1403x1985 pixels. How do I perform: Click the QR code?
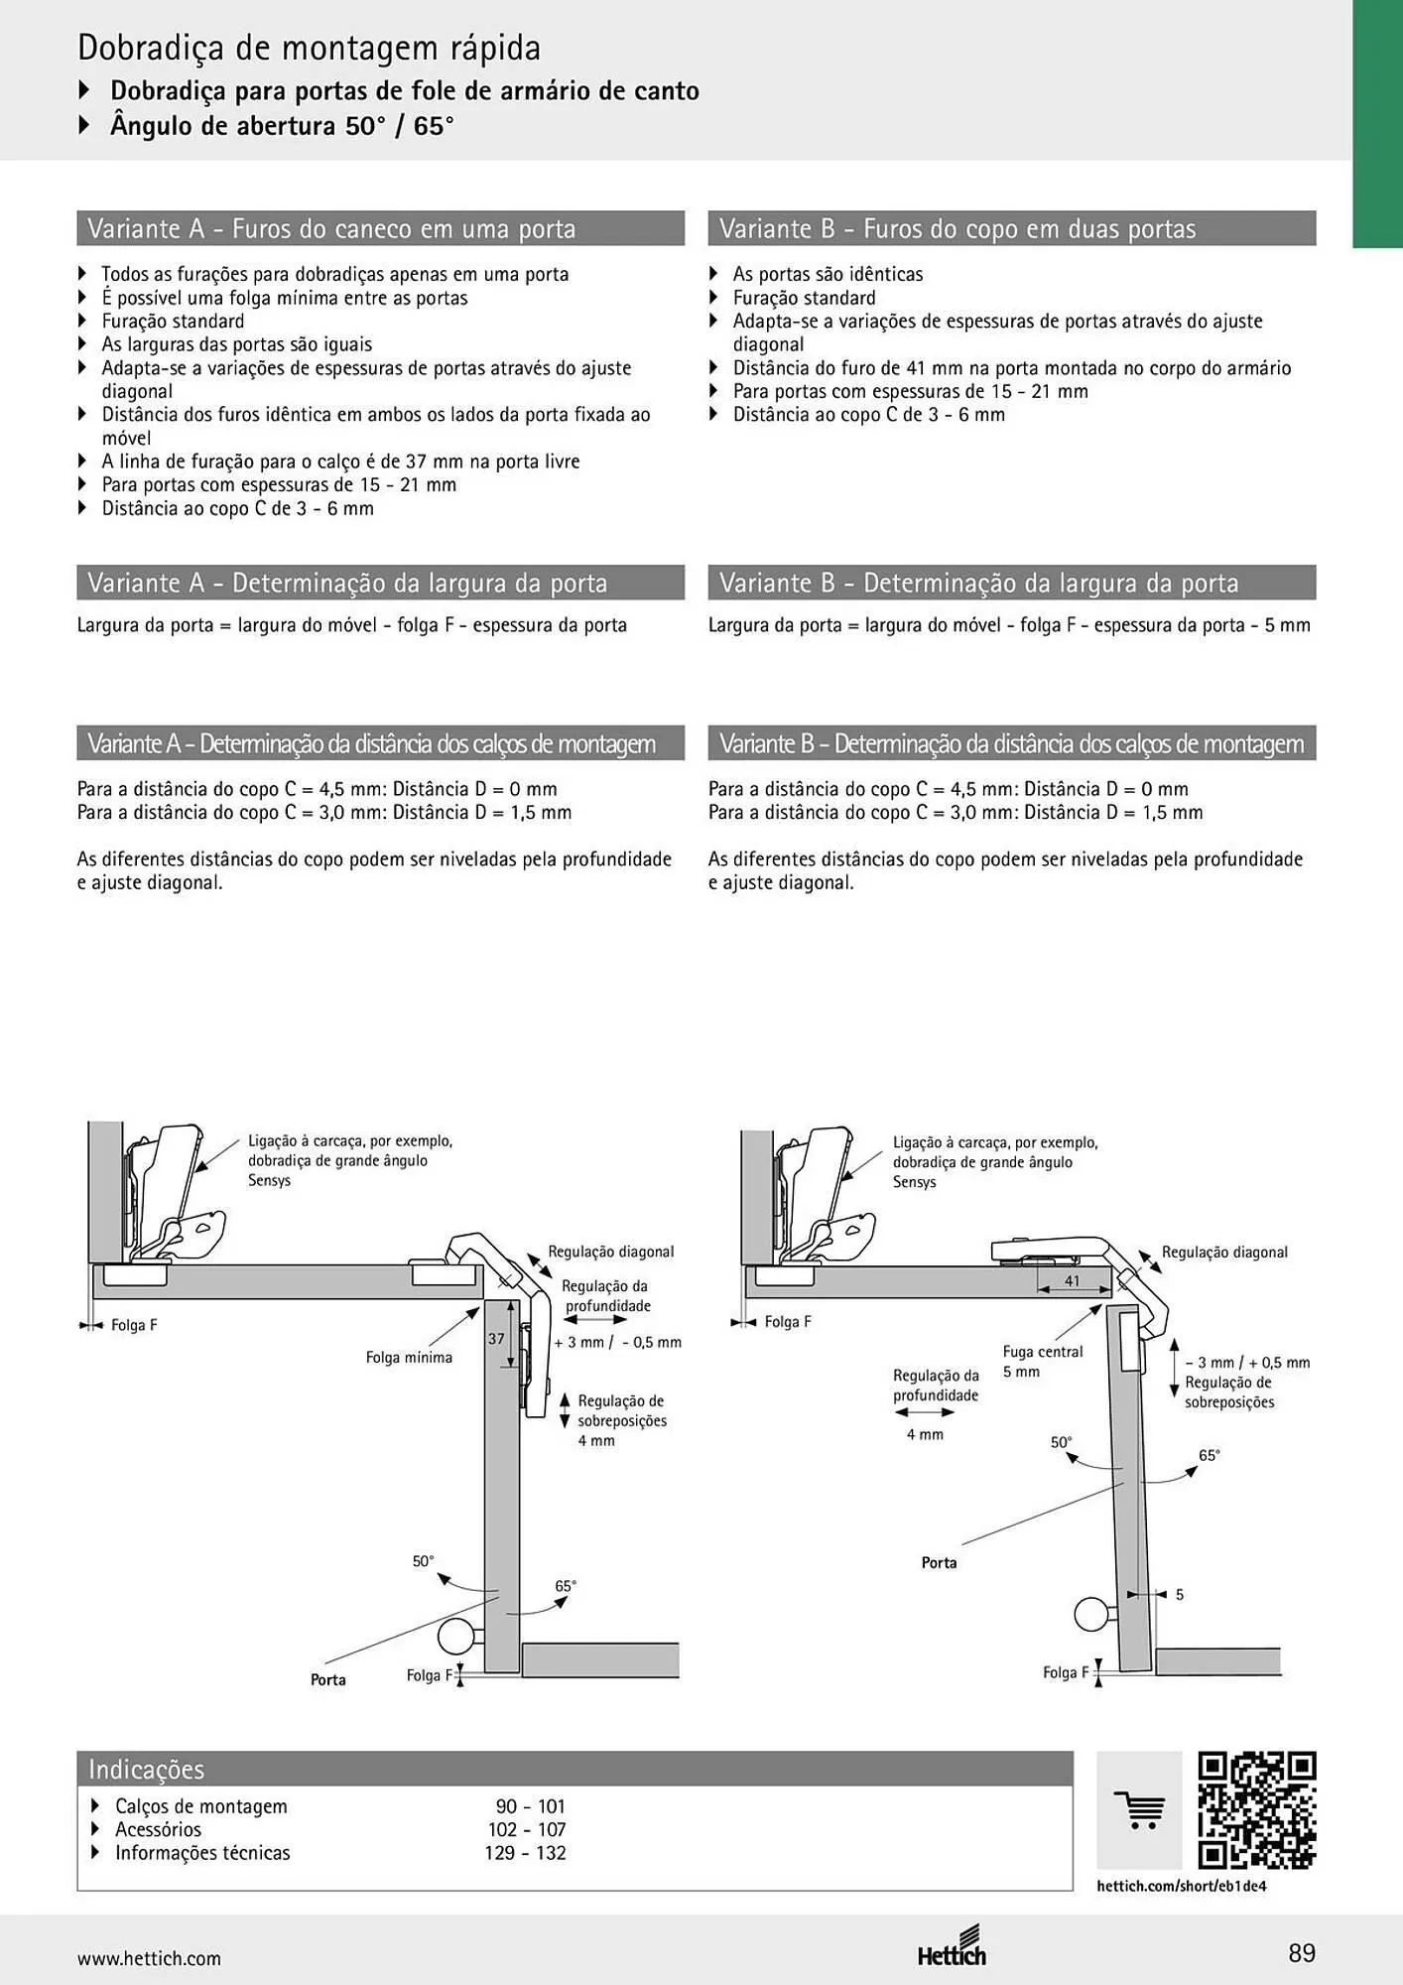point(1256,1810)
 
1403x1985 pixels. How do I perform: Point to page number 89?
point(1302,1953)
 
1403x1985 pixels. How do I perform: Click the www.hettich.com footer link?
point(149,1958)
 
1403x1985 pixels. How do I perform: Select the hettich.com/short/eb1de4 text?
point(1182,1886)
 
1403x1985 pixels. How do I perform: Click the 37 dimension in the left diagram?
point(496,1338)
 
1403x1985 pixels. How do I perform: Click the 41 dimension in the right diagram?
point(1073,1280)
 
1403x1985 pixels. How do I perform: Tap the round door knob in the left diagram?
point(458,1636)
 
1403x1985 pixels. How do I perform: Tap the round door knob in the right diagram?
point(1093,1614)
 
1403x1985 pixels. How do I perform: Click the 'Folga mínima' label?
point(409,1357)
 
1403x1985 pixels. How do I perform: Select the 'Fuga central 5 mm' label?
point(1043,1362)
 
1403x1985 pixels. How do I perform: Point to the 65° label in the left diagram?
point(566,1586)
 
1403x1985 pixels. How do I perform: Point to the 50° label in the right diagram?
point(1062,1442)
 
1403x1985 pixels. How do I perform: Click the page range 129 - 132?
point(526,1852)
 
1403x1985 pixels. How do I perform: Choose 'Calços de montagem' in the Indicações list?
point(201,1806)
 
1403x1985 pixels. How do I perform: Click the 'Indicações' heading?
point(147,1769)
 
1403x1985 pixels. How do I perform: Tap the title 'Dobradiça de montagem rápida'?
point(310,48)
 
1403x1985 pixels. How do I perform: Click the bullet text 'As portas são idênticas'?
point(828,274)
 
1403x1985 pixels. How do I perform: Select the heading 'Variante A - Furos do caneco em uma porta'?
point(331,228)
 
